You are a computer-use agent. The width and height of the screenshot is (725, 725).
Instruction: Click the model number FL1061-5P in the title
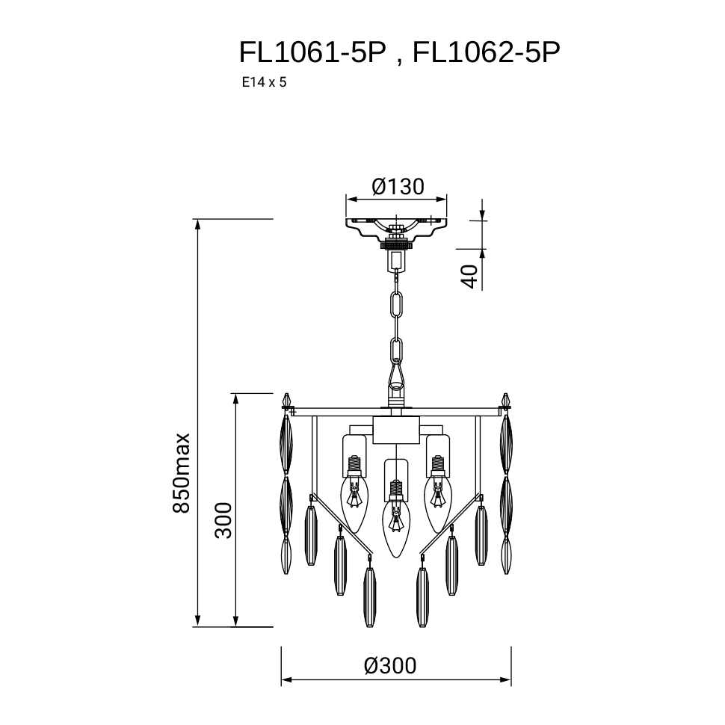312,52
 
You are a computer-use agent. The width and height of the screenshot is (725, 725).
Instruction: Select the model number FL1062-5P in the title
486,52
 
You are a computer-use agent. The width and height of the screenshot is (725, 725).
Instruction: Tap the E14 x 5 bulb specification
264,82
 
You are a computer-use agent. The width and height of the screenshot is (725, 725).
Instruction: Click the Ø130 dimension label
398,186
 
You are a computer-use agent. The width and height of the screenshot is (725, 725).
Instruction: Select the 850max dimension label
181,472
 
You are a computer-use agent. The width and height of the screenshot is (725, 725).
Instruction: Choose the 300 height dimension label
223,520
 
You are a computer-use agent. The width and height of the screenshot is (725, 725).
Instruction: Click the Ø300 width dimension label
389,666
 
